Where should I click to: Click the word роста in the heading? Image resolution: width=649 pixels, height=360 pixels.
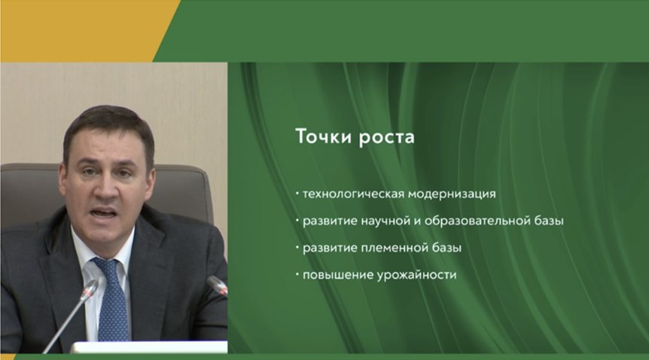point(386,138)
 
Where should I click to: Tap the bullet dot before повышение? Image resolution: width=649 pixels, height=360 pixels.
point(297,274)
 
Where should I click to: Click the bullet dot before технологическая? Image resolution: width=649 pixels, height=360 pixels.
point(297,193)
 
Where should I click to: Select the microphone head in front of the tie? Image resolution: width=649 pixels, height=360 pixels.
point(89,290)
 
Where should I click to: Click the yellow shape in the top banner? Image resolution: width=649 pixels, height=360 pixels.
point(83,31)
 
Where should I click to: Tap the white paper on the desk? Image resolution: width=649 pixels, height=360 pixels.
point(149,347)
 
